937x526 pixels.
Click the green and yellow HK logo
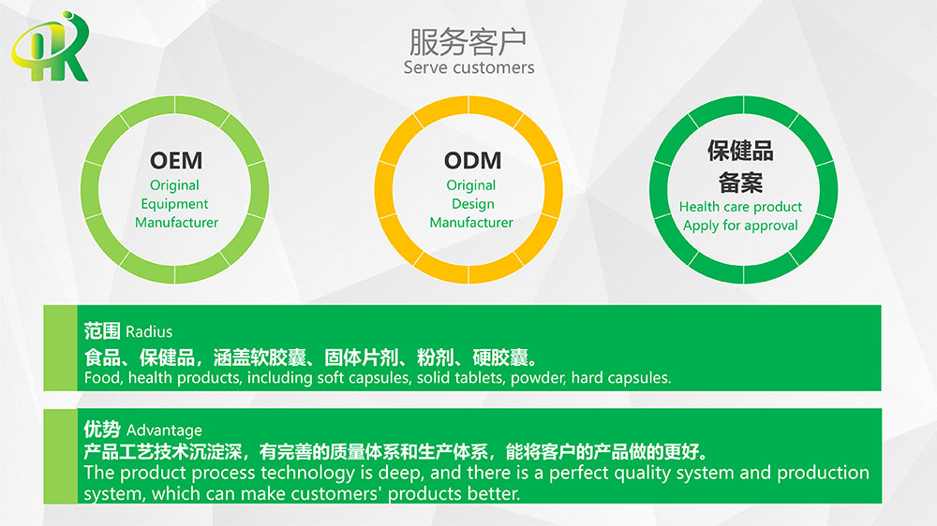51,47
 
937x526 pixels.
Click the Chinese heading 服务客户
468,42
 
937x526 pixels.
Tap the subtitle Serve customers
469,67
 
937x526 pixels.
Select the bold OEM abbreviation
176,161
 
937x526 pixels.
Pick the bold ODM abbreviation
472,161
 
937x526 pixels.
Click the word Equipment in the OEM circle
174,204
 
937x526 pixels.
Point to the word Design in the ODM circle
472,204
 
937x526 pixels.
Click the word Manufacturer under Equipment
176,222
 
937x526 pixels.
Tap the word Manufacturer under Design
471,222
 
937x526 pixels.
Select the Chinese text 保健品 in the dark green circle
740,151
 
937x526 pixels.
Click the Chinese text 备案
740,183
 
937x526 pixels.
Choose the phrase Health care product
740,207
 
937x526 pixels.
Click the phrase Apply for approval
740,226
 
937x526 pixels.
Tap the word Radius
149,332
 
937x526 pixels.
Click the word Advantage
164,431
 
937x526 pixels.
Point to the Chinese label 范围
102,330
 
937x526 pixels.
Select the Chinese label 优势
102,430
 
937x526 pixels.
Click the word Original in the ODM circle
471,185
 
